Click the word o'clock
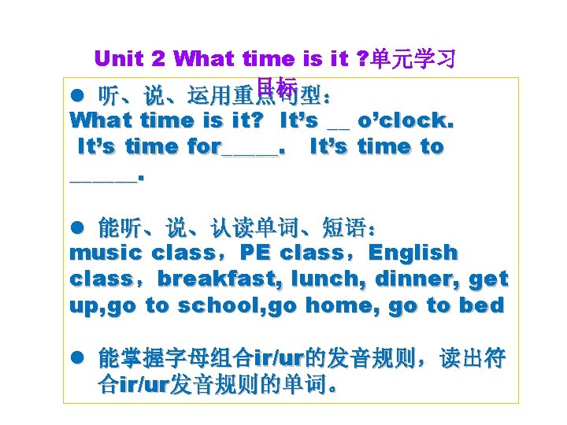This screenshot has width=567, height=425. pos(406,120)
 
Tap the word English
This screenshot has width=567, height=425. pos(413,253)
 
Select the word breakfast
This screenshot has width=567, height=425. pos(207,279)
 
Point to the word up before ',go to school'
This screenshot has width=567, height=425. pos(84,305)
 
